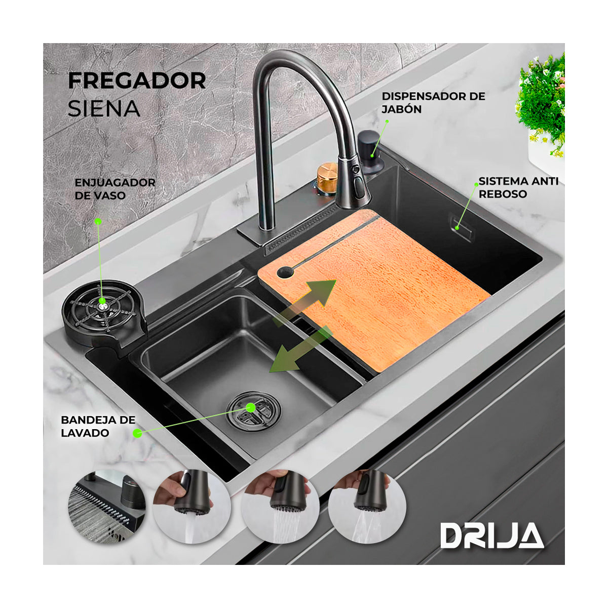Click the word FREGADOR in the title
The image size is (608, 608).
pyautogui.click(x=137, y=81)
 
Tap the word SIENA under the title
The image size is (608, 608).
pyautogui.click(x=104, y=108)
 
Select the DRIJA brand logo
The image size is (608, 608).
pyautogui.click(x=491, y=536)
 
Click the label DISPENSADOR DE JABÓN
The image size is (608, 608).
pyautogui.click(x=433, y=102)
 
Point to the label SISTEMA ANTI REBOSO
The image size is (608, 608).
pyautogui.click(x=518, y=187)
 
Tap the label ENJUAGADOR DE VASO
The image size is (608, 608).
pyautogui.click(x=115, y=188)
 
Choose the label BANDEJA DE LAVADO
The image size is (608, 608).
pyautogui.click(x=98, y=426)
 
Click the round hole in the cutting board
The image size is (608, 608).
pyautogui.click(x=285, y=273)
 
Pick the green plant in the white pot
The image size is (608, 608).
pyautogui.click(x=542, y=101)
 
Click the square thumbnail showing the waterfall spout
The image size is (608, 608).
pyautogui.click(x=107, y=507)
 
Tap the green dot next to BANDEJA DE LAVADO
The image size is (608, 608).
pyautogui.click(x=137, y=433)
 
